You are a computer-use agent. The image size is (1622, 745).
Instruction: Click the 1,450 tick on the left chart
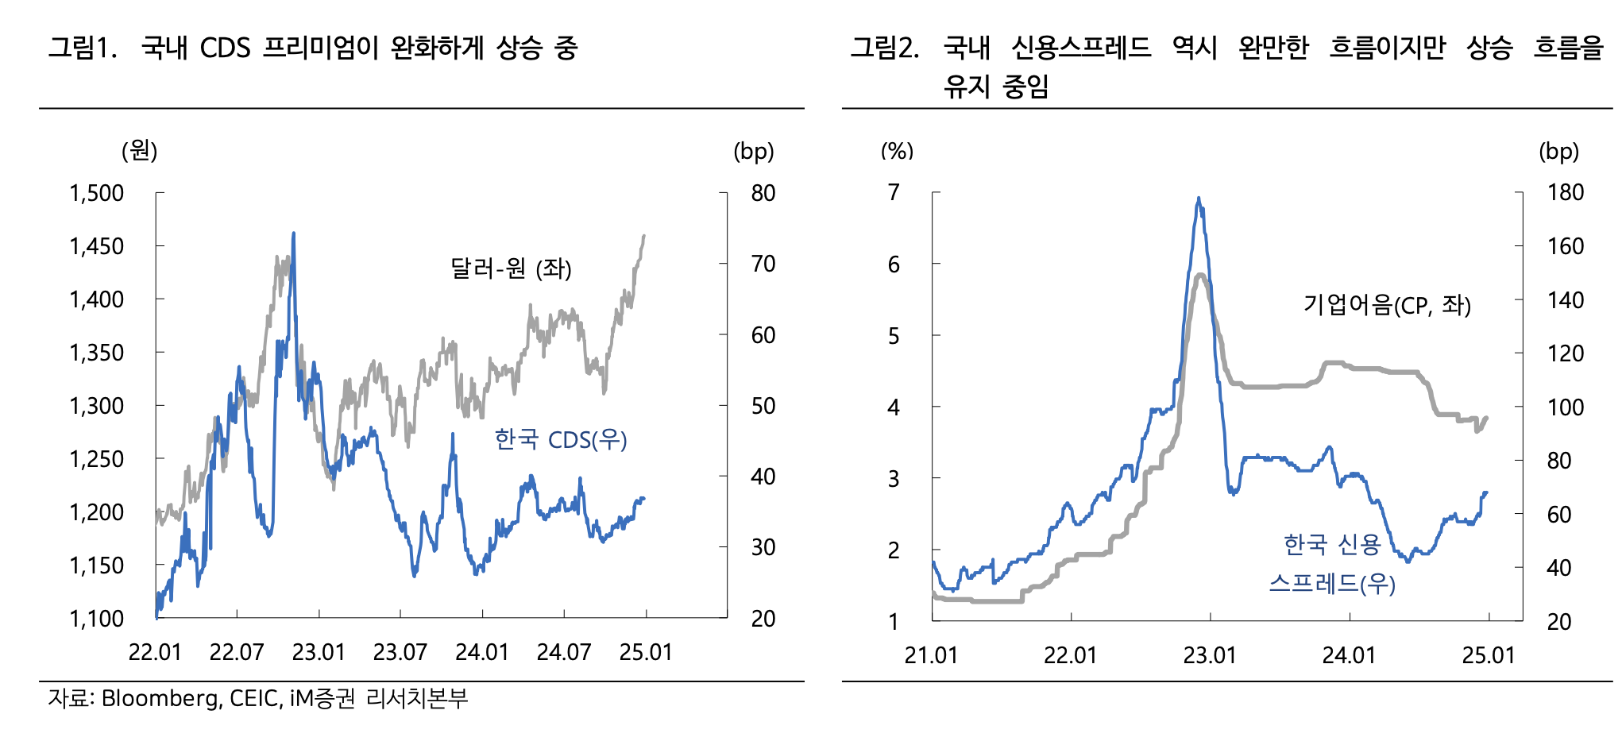97,246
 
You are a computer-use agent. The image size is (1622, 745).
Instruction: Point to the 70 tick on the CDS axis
763,264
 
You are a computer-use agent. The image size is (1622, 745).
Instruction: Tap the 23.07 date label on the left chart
400,652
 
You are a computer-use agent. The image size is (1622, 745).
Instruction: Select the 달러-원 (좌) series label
511,268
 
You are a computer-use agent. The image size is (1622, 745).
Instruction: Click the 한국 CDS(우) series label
561,439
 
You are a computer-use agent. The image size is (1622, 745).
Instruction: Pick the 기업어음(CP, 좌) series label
1387,304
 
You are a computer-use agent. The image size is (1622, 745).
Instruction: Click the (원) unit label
139,150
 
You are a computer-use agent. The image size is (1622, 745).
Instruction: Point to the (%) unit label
898,151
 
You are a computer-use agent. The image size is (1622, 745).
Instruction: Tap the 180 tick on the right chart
1566,192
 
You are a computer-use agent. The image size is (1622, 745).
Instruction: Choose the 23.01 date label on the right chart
1210,655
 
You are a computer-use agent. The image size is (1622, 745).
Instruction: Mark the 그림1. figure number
83,48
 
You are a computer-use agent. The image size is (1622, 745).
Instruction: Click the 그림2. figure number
885,48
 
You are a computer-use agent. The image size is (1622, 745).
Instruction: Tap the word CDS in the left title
225,48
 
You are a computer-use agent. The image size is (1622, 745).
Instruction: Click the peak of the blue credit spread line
1199,199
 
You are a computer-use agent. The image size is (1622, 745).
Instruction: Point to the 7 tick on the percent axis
894,192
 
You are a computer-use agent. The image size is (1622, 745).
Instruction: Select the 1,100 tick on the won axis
97,619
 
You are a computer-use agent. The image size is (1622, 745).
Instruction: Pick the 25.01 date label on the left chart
646,652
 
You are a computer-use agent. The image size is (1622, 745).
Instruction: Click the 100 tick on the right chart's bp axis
1566,407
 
